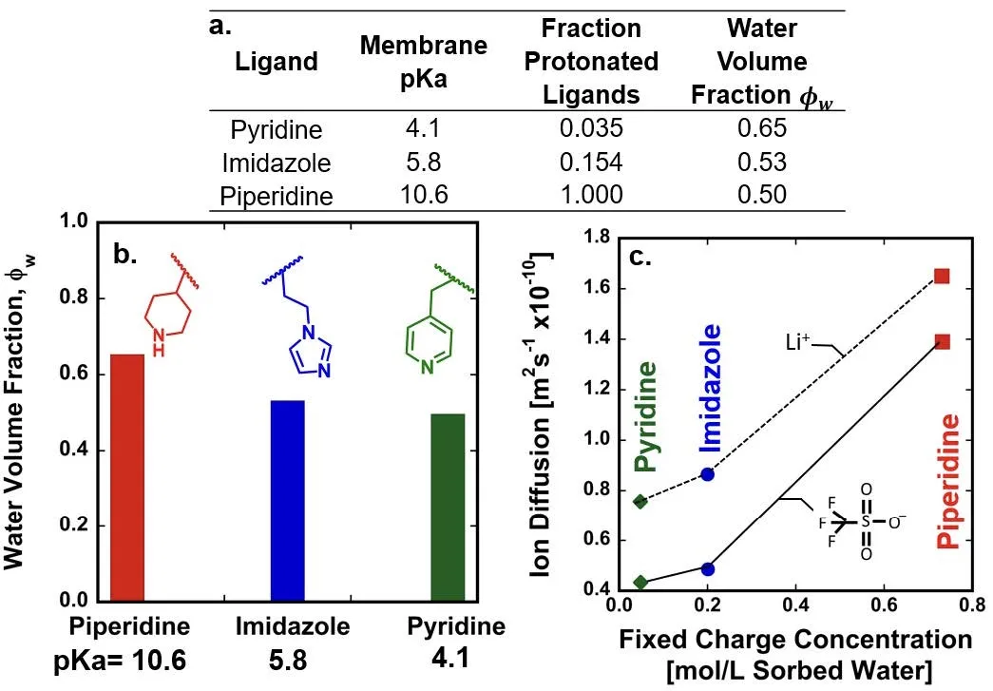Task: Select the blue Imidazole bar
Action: tap(288, 501)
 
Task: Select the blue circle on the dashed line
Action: tap(707, 473)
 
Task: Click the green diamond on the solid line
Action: tap(640, 583)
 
